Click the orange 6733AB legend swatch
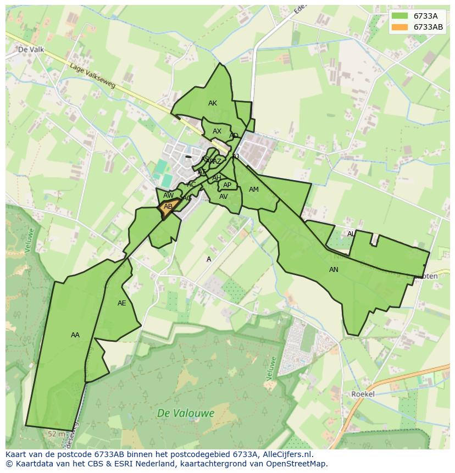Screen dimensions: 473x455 coord(400,27)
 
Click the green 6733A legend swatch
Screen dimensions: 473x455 coord(400,16)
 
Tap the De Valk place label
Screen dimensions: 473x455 coord(31,49)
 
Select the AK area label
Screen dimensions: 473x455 coord(213,103)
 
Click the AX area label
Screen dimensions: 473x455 coord(217,131)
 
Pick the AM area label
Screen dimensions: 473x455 coord(253,190)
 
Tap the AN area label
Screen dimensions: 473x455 coord(334,270)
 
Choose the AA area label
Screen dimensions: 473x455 coord(75,335)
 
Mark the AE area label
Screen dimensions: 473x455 coord(122,303)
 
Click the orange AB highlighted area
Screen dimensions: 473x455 coord(169,207)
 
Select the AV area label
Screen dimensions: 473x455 coord(223,197)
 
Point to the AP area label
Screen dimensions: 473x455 coord(227,185)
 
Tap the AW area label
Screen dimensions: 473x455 coord(169,196)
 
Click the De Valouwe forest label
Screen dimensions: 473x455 coord(185,413)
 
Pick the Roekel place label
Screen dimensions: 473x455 coord(363,394)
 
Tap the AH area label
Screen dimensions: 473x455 coord(217,178)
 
